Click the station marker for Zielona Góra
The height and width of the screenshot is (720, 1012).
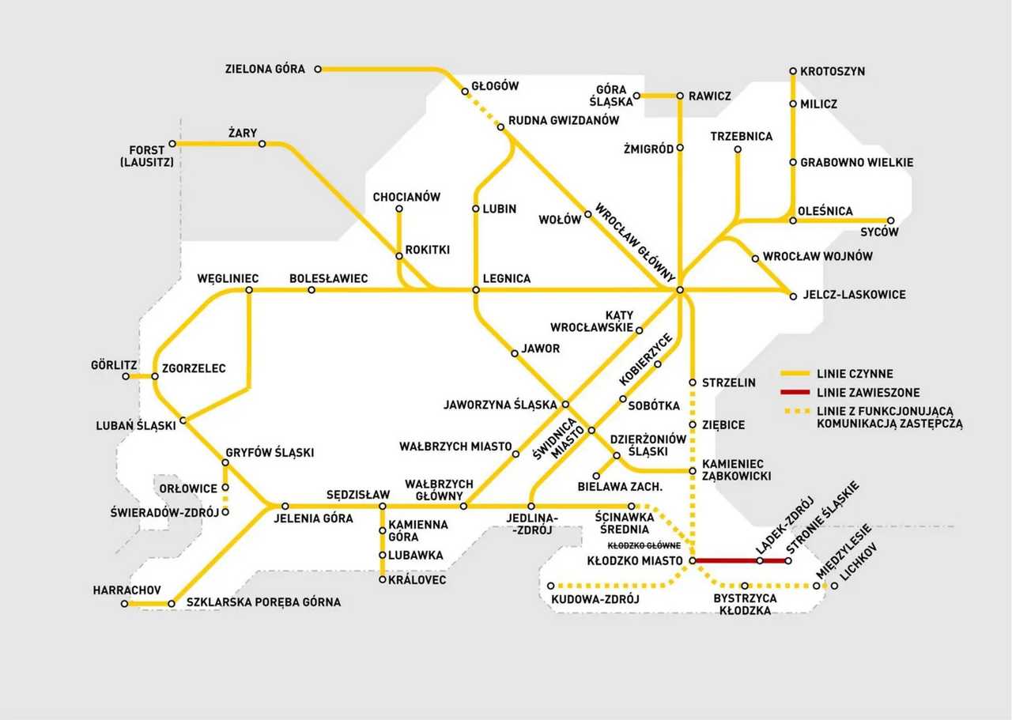click(318, 69)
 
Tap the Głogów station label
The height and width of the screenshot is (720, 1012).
click(495, 86)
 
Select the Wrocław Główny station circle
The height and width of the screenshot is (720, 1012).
click(680, 290)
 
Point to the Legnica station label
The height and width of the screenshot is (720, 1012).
click(507, 278)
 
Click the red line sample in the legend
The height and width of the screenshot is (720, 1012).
click(795, 392)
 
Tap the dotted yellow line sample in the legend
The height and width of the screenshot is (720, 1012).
click(795, 411)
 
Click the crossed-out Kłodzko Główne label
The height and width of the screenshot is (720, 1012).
click(644, 545)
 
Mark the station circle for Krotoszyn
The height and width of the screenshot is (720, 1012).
click(793, 71)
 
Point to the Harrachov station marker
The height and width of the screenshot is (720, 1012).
click(124, 604)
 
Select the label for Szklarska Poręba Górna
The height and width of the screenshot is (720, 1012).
click(263, 602)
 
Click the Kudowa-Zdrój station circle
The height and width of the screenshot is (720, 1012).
click(551, 586)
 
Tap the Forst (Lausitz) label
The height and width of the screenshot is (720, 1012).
click(147, 156)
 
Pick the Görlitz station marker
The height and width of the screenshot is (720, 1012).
click(126, 376)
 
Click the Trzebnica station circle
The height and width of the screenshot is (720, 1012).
click(738, 149)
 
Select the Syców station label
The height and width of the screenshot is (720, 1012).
click(879, 232)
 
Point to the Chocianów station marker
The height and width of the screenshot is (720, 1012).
click(399, 209)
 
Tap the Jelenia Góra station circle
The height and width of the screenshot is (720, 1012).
click(285, 507)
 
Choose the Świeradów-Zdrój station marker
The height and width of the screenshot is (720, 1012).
click(225, 512)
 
